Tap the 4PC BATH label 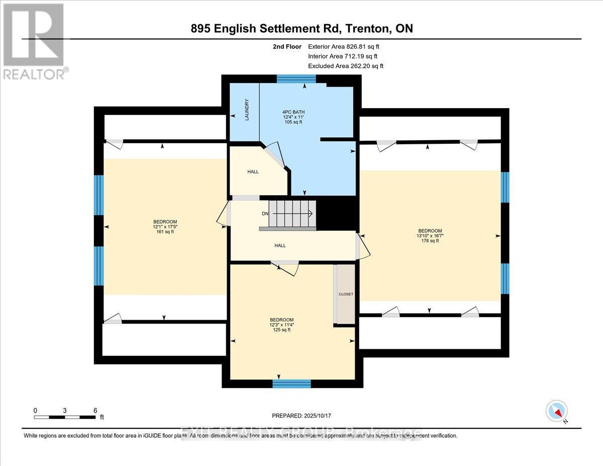[293, 112]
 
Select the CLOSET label [346, 294]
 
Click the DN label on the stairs [265, 214]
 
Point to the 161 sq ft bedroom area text [165, 232]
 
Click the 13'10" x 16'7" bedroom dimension [430, 235]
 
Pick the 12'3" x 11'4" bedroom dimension [281, 325]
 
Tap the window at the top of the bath [296, 78]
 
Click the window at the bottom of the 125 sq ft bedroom [291, 384]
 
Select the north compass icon [556, 411]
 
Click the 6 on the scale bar [95, 410]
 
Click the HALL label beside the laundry [253, 171]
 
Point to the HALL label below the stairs [280, 245]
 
